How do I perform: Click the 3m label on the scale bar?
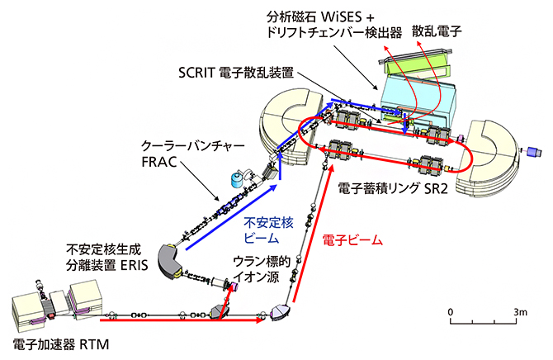[x=519, y=311]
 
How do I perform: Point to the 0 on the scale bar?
[x=451, y=311]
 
